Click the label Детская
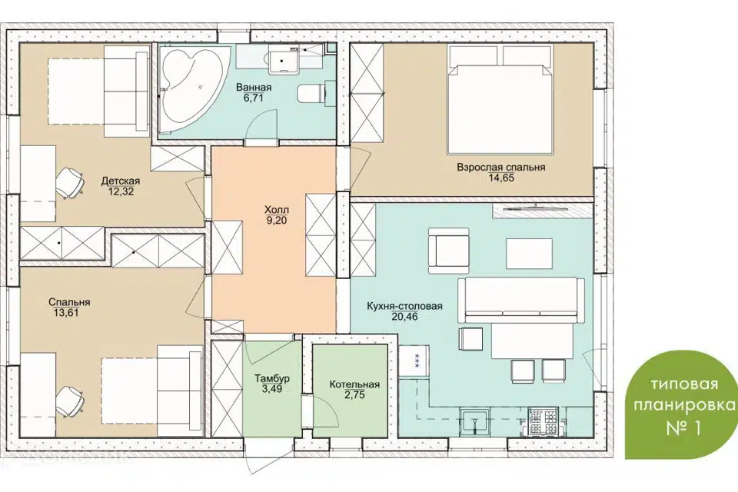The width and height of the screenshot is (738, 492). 121,181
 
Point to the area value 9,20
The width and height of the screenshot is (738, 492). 277,220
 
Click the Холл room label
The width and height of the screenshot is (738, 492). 277,210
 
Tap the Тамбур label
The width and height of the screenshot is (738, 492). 272,378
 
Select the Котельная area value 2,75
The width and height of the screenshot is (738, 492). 354,395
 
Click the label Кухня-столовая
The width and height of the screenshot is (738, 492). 405,307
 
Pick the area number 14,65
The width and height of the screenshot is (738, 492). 501,178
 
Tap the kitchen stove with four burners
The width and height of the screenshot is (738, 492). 544,422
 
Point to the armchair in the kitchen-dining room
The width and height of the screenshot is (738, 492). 449,251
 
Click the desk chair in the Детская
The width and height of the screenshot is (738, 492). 70,183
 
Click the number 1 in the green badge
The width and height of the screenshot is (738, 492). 697,428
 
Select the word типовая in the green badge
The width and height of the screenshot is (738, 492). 685,384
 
